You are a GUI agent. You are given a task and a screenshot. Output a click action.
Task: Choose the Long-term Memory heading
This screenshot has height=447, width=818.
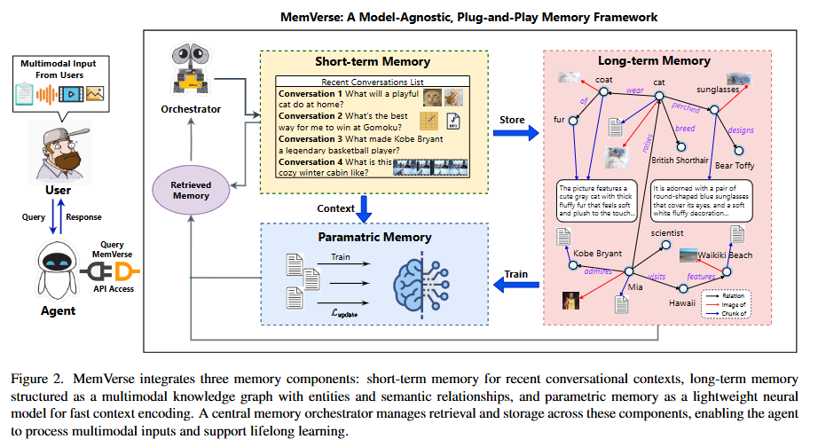654,61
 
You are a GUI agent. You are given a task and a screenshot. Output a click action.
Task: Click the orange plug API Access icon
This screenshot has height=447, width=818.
123,270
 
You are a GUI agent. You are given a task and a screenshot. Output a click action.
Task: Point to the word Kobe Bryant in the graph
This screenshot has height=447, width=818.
596,253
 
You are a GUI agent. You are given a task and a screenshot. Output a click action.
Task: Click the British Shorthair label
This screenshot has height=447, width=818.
680,161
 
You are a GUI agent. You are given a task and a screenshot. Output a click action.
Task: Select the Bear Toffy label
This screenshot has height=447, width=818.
735,165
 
